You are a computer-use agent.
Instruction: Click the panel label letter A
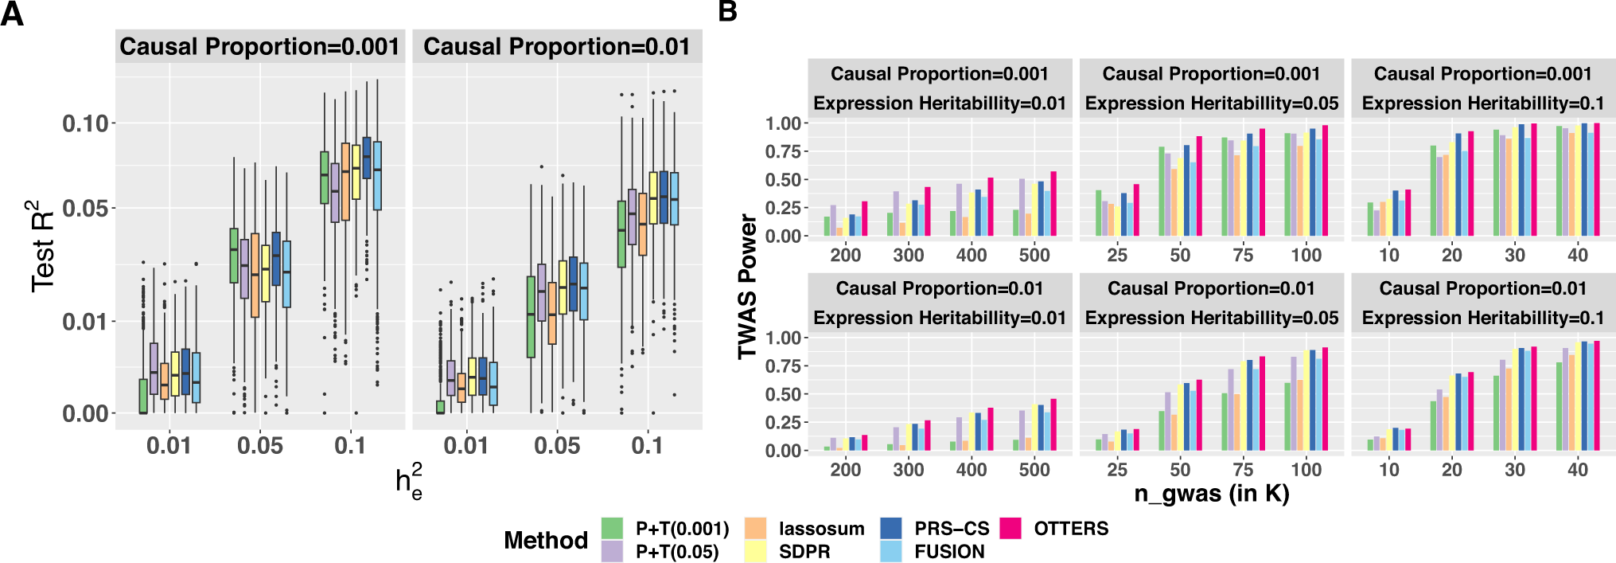(12, 14)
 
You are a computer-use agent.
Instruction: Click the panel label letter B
(727, 11)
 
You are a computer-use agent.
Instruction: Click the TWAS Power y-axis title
(747, 286)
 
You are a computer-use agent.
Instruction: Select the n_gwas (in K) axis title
(1211, 494)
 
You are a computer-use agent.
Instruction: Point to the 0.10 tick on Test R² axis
(85, 123)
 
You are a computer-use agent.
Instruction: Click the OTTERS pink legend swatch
(1010, 529)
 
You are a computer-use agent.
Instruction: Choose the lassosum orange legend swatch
(755, 529)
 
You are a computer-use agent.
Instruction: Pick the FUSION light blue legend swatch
(891, 552)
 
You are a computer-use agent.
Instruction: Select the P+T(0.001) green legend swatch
(612, 529)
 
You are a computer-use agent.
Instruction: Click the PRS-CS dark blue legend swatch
(891, 529)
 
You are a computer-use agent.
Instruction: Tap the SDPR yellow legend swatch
(755, 552)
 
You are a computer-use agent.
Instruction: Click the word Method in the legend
(545, 541)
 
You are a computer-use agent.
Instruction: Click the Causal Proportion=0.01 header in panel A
(556, 47)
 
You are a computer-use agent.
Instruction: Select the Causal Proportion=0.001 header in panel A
(259, 47)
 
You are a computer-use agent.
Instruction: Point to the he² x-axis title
(409, 482)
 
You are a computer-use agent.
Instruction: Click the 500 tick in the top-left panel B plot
(1034, 256)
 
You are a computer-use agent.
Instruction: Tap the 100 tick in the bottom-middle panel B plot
(1306, 470)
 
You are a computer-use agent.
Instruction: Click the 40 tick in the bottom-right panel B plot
(1577, 470)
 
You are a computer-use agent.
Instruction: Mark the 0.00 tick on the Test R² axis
(85, 413)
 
